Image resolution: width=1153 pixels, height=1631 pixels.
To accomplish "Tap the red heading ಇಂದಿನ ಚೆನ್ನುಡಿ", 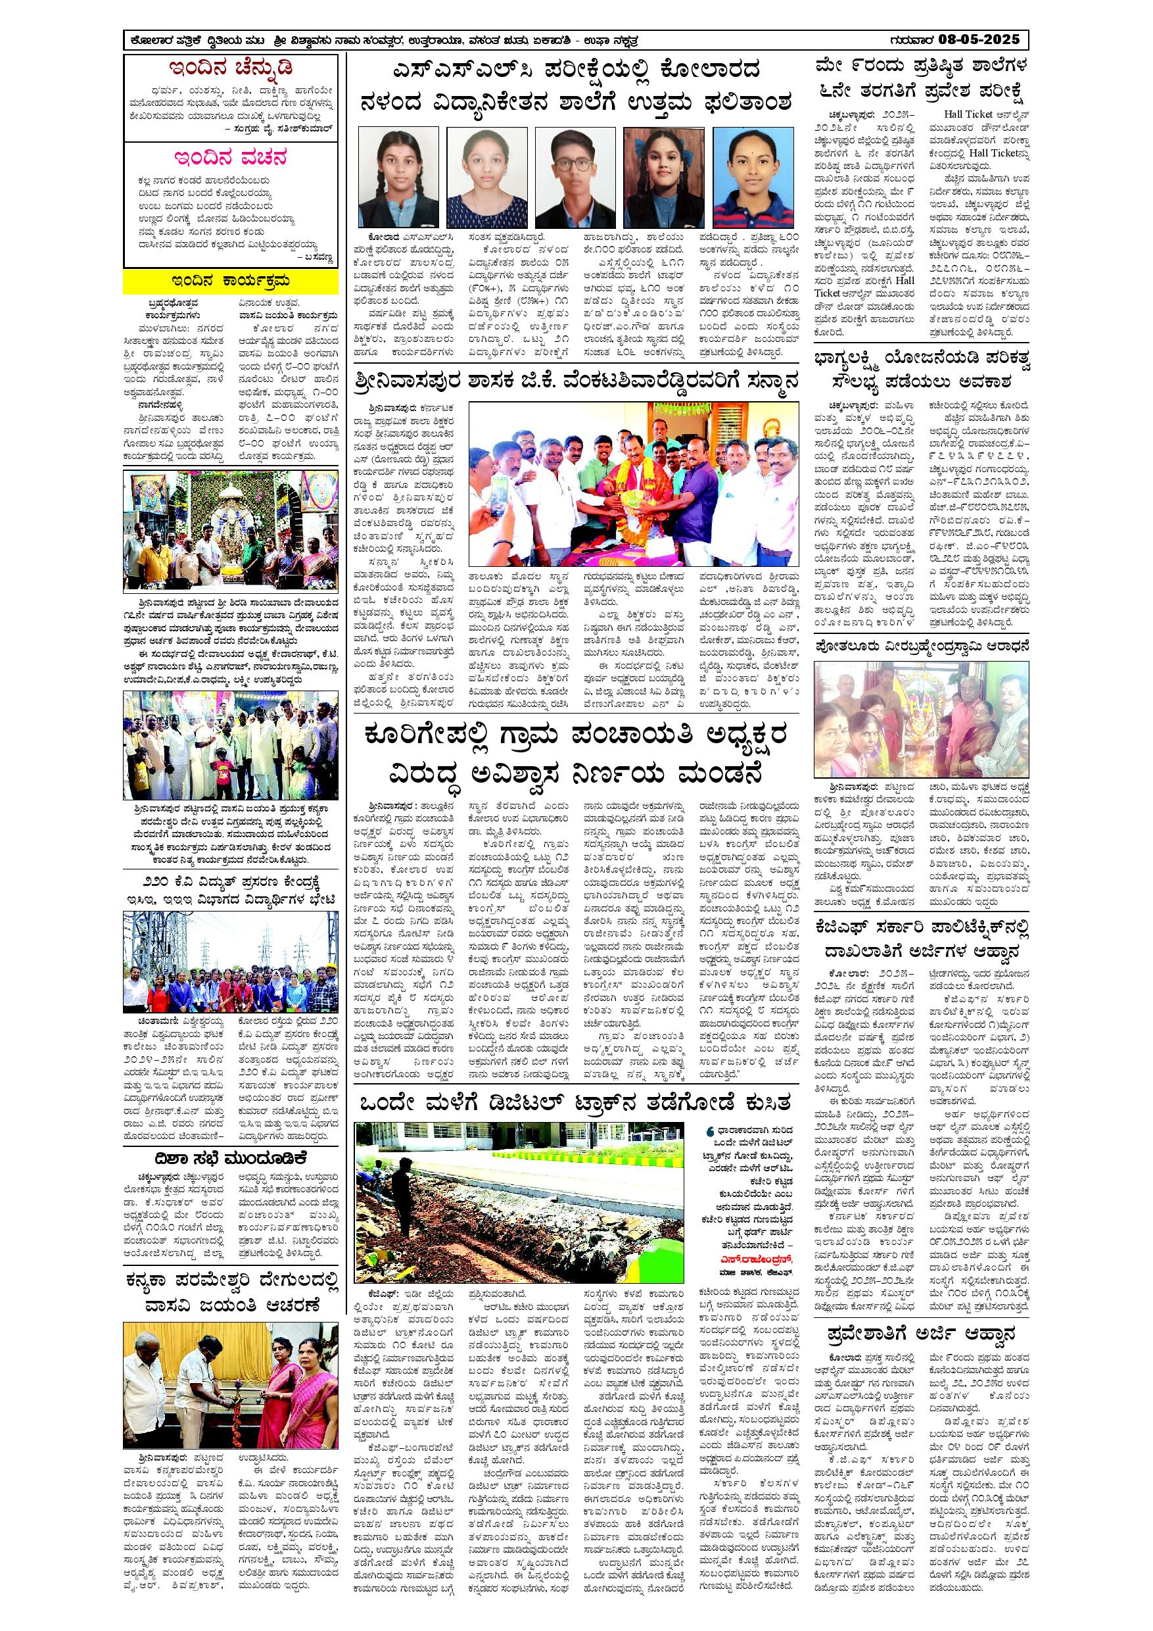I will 231,69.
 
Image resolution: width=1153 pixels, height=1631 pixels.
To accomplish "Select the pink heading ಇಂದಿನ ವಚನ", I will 231,157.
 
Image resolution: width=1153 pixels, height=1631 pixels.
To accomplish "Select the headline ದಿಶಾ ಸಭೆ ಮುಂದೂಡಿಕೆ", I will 231,1158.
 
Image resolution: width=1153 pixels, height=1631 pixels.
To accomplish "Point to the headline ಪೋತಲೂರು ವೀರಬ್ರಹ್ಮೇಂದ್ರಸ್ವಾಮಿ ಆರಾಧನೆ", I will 921,645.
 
